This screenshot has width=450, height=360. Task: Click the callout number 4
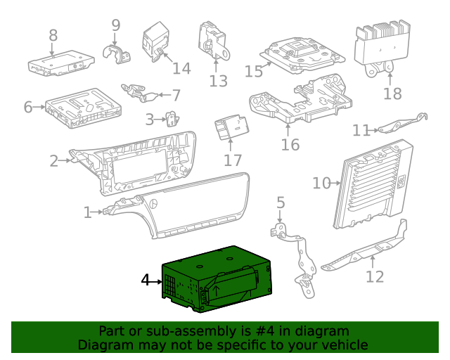click(146, 281)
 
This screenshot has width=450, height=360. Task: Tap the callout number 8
click(53, 34)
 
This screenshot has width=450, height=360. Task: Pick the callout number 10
click(321, 184)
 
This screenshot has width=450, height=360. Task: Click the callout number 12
click(375, 276)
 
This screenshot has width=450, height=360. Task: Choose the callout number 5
click(281, 203)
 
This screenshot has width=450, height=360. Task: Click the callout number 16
click(290, 145)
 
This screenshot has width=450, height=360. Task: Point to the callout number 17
click(233, 160)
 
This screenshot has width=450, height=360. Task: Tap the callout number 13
click(219, 80)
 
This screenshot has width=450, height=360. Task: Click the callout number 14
click(181, 68)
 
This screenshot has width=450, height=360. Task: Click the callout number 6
click(28, 108)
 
